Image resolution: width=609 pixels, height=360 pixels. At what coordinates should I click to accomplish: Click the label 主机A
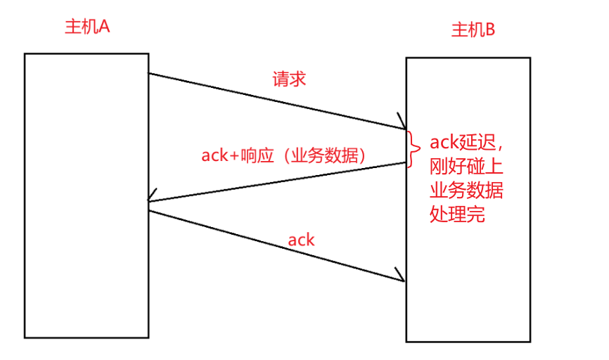87,27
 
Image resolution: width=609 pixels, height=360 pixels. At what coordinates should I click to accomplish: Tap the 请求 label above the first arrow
289,79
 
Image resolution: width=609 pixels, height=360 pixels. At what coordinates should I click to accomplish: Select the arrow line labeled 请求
274,101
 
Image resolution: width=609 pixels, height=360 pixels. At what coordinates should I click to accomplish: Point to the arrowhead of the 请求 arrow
402,124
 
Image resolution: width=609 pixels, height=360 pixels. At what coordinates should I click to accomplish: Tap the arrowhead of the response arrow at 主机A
152,200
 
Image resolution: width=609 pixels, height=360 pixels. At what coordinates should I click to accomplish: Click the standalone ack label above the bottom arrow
301,240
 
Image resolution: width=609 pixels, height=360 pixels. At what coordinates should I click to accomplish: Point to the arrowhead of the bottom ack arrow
402,277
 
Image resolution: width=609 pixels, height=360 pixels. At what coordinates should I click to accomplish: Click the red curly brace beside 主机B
409,149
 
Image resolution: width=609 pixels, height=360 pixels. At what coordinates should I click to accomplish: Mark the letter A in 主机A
103,27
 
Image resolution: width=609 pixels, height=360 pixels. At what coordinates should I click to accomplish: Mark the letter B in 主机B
490,30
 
